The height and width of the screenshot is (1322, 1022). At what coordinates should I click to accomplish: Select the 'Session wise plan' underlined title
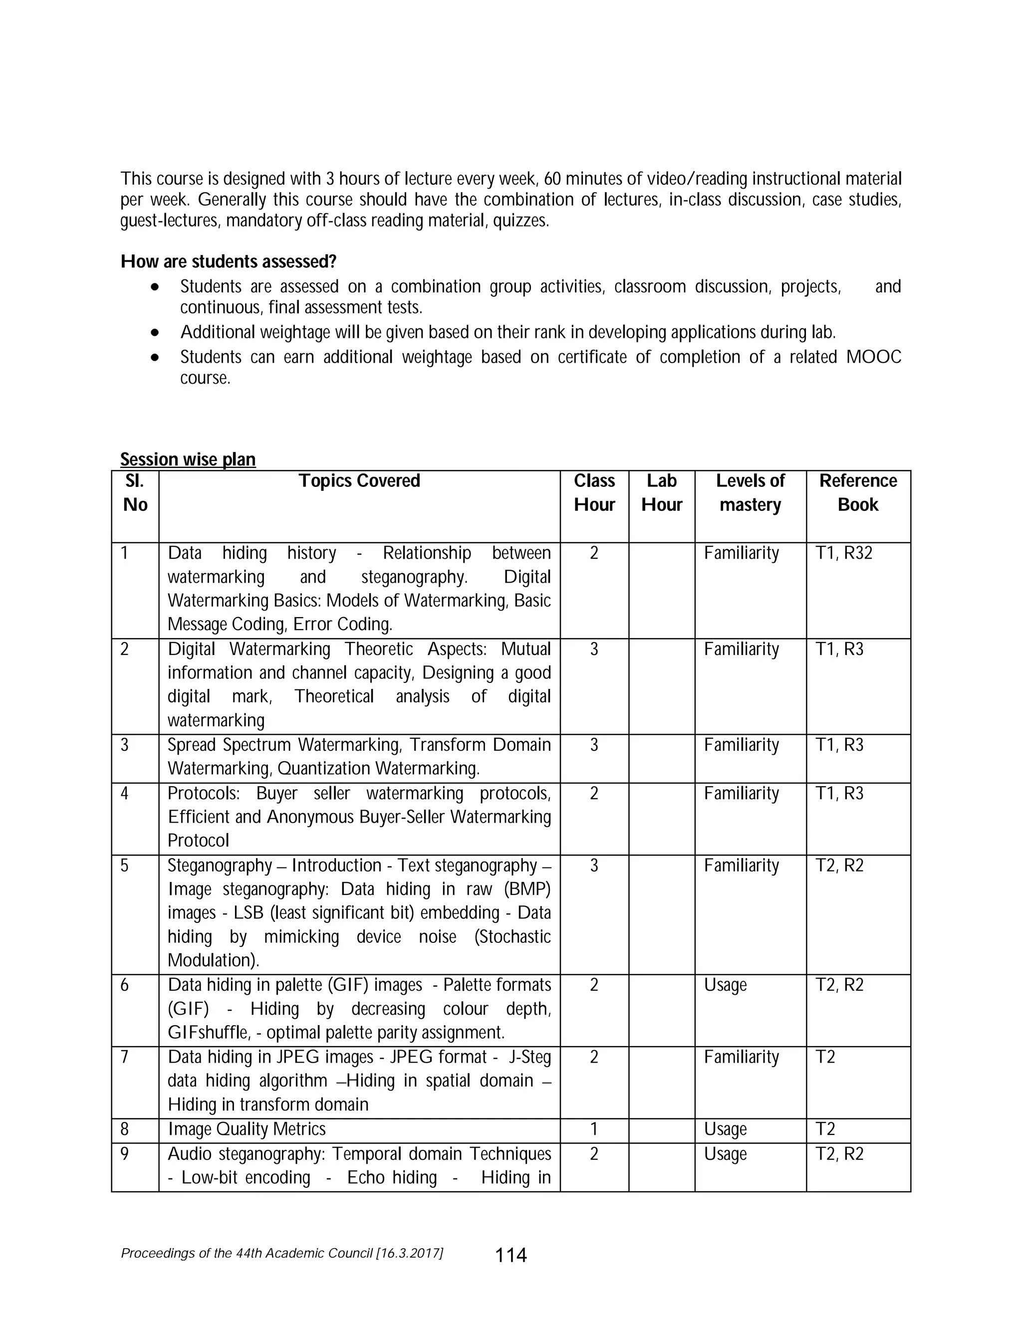pos(188,459)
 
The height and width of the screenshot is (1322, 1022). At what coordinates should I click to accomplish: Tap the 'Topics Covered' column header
pos(359,480)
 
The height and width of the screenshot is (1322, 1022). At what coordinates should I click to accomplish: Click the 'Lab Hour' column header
pos(661,493)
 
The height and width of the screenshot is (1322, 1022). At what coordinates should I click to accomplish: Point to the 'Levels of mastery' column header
pos(750,493)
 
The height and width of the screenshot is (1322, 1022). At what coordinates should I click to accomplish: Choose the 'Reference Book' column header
pos(858,493)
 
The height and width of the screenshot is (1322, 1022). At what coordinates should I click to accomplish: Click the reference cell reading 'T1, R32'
pos(844,553)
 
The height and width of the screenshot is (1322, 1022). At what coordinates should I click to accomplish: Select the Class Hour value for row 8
pos(594,1129)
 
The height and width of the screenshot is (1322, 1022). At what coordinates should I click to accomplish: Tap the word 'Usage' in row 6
pos(725,985)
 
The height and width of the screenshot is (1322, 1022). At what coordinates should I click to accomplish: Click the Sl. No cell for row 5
pos(125,866)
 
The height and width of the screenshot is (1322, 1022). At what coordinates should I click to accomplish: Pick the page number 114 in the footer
pos(511,1256)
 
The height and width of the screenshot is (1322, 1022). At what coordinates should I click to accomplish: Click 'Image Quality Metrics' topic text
pos(247,1129)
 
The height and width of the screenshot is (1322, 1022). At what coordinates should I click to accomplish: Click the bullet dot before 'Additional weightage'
pos(156,332)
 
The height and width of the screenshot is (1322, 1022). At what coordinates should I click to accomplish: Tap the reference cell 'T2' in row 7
pos(825,1057)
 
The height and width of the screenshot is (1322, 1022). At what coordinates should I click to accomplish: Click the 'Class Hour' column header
pos(594,493)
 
